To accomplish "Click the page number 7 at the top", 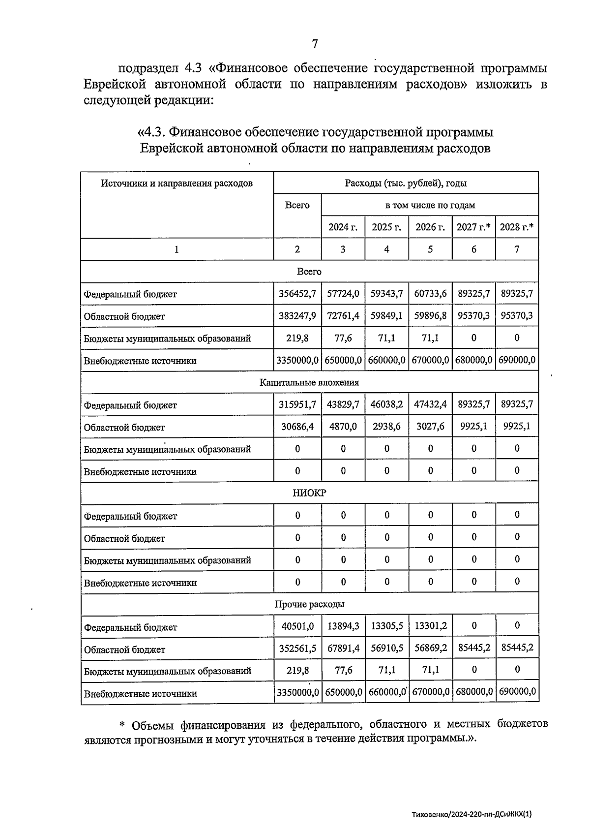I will [x=315, y=44].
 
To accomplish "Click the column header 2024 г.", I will [x=343, y=227].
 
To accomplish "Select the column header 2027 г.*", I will [x=473, y=227].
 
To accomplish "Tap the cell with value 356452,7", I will [x=297, y=294].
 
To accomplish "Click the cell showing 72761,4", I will [x=343, y=316].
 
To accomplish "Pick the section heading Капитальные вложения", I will [x=309, y=382].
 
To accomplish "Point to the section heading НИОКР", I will [x=309, y=493].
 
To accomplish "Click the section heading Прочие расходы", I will [x=309, y=604].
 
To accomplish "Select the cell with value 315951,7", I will [x=297, y=404].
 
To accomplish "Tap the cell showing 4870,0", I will [x=343, y=427].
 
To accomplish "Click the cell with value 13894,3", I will [x=343, y=626].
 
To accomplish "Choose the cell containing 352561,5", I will [x=297, y=649].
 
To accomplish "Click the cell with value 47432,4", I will [x=430, y=404].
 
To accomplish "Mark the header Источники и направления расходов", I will [x=177, y=184].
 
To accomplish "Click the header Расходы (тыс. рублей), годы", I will [x=406, y=184].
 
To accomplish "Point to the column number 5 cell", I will [x=430, y=249].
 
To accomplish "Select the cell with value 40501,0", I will [x=297, y=626].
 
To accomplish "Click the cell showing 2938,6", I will [x=387, y=427].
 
